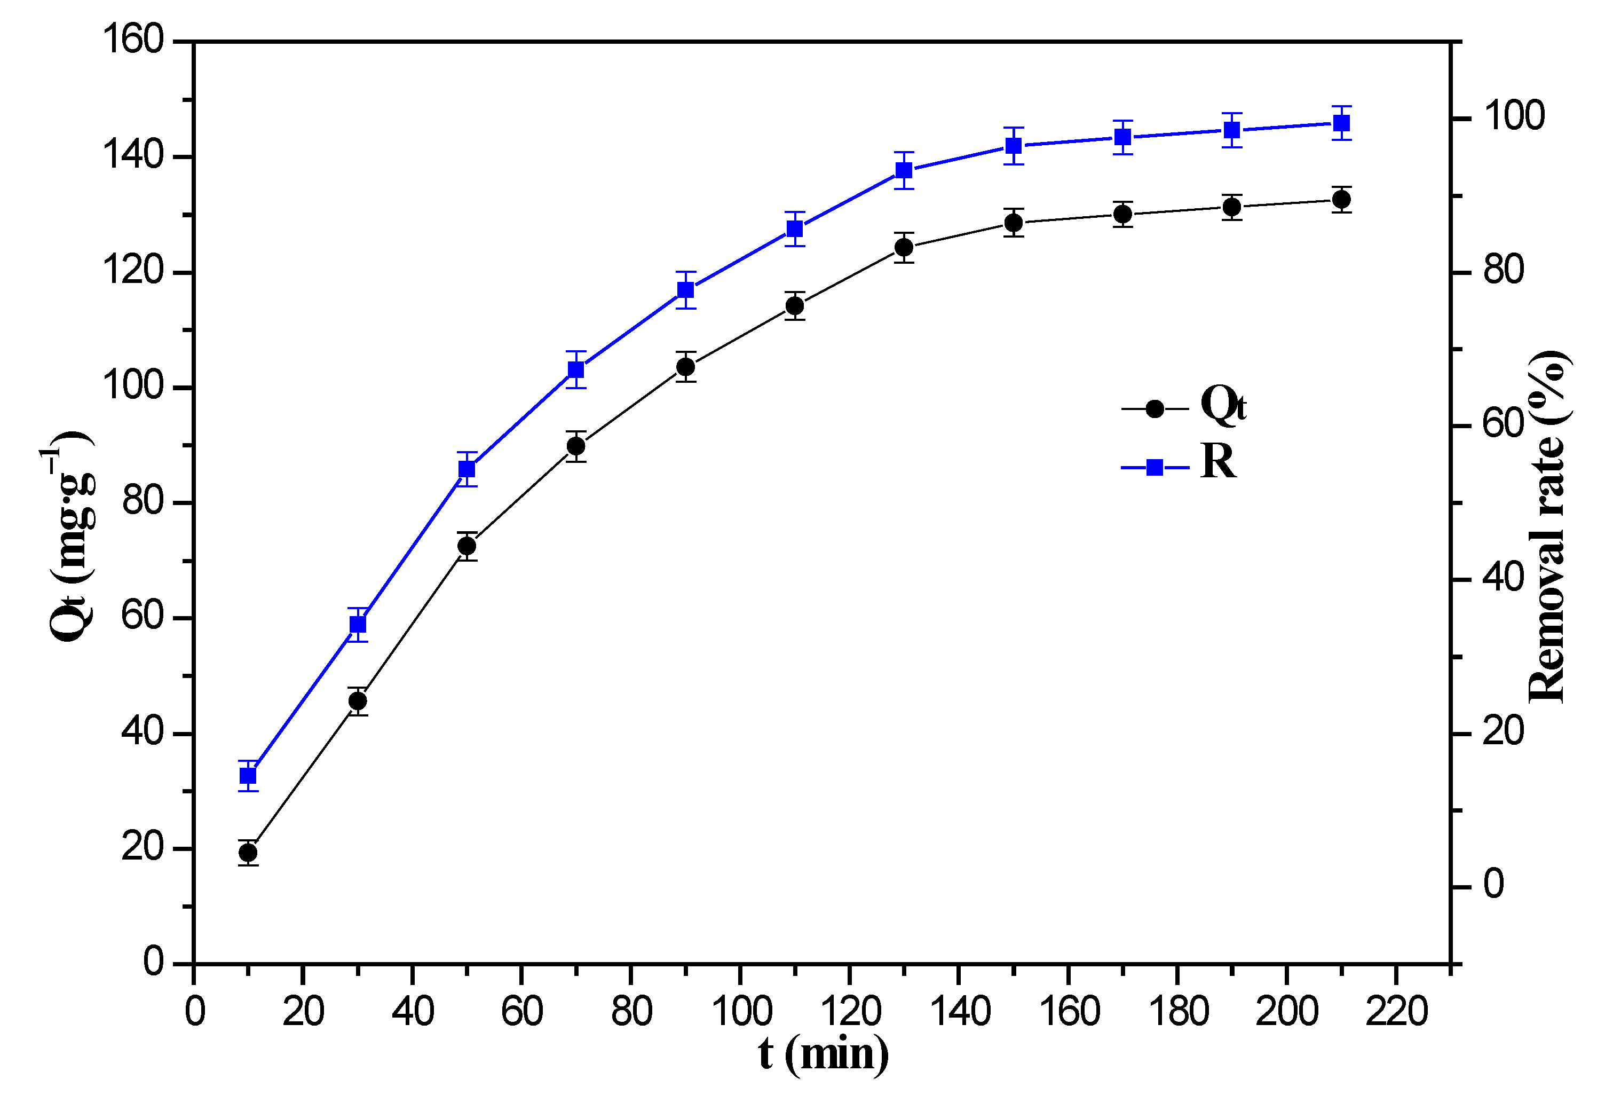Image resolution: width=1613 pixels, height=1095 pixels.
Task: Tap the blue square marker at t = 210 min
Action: pos(1342,123)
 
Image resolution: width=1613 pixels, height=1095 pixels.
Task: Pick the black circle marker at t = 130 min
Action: pos(904,247)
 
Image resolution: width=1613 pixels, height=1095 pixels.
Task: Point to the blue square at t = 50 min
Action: pos(467,469)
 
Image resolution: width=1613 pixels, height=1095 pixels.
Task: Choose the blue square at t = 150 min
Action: pos(1014,146)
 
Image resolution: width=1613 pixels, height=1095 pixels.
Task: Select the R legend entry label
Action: pos(1218,461)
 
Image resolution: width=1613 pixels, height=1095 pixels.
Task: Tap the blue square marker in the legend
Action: pos(1154,467)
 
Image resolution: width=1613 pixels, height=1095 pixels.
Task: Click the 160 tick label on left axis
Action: pos(133,40)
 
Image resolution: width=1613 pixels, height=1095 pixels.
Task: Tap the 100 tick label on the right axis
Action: pos(1514,116)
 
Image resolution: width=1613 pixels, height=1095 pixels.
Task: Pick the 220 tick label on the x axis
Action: pos(1396,1011)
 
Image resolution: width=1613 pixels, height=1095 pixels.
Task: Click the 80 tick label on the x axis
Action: pos(631,1011)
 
